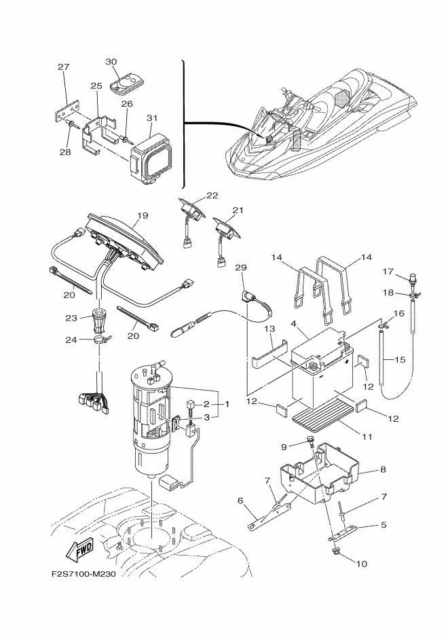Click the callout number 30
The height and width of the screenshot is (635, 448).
[111, 62]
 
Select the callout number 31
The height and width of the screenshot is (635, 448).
[152, 118]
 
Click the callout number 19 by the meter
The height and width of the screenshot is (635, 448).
[143, 215]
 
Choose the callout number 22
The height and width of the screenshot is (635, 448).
[212, 195]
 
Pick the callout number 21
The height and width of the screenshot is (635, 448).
[238, 210]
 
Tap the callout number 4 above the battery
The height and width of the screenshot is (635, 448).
[294, 323]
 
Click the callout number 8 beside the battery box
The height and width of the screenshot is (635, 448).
[383, 469]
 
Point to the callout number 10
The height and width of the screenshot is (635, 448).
[361, 563]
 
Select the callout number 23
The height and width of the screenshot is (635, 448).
[71, 318]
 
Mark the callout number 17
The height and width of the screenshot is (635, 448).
[388, 272]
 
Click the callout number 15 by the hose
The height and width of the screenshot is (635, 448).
[399, 359]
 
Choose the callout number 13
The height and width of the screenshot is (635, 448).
[270, 329]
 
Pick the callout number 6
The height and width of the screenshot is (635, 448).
[240, 501]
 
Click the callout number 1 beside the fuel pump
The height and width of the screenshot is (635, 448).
[227, 404]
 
